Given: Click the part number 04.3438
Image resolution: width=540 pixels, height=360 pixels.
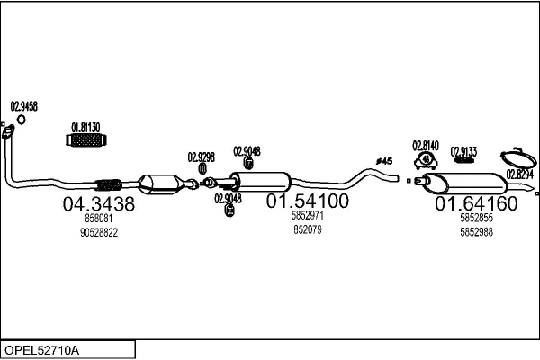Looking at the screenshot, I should (x=98, y=204).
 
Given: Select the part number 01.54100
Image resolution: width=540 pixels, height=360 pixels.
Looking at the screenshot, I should (x=307, y=202).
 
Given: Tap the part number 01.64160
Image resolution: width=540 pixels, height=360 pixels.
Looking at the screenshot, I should (x=476, y=204).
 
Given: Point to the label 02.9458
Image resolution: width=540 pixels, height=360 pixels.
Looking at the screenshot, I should (x=23, y=106).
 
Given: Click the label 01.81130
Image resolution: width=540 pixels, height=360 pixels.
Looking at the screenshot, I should (x=85, y=127).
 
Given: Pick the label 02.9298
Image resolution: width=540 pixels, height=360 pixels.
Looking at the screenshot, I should (x=201, y=157).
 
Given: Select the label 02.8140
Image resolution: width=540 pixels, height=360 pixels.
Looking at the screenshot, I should (x=425, y=146).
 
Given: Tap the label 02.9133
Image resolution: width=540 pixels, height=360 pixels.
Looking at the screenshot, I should (x=463, y=151).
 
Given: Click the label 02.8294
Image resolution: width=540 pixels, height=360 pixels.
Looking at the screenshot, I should (x=519, y=174).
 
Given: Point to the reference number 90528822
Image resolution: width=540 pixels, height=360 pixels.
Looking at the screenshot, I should (x=99, y=232).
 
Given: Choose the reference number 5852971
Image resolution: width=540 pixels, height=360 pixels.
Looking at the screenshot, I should (x=307, y=217).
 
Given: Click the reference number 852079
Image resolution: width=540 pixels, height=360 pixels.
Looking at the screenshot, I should (x=307, y=229).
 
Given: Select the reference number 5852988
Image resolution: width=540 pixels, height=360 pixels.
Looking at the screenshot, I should (x=476, y=231).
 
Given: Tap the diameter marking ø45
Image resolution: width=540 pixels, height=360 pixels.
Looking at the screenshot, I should (x=385, y=161).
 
